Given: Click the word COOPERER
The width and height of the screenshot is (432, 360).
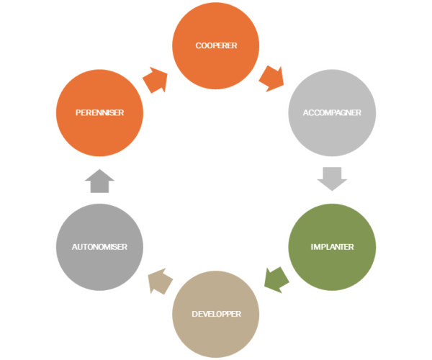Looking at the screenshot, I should (216, 45).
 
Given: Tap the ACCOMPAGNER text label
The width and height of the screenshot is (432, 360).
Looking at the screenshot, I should (332, 113).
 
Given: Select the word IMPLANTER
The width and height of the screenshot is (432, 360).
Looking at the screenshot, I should (332, 247).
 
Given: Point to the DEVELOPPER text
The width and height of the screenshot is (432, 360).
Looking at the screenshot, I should (216, 315).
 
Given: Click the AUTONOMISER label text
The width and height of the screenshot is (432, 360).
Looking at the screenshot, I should (100, 247).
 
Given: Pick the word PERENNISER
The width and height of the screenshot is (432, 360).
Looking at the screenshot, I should (100, 113).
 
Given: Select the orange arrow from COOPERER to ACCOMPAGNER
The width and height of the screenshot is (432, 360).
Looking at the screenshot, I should (274, 78).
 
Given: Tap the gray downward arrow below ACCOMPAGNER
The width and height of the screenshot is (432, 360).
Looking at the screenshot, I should (332, 177).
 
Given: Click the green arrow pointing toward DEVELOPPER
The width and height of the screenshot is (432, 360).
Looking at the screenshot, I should (276, 279).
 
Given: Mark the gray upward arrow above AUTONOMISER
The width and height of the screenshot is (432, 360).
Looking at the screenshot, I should (99, 181).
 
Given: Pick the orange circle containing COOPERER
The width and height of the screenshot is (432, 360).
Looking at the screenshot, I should (216, 29).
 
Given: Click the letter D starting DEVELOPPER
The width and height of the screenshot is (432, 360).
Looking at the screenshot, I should (194, 315).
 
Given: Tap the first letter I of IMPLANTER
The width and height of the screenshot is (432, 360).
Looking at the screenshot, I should (312, 247).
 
